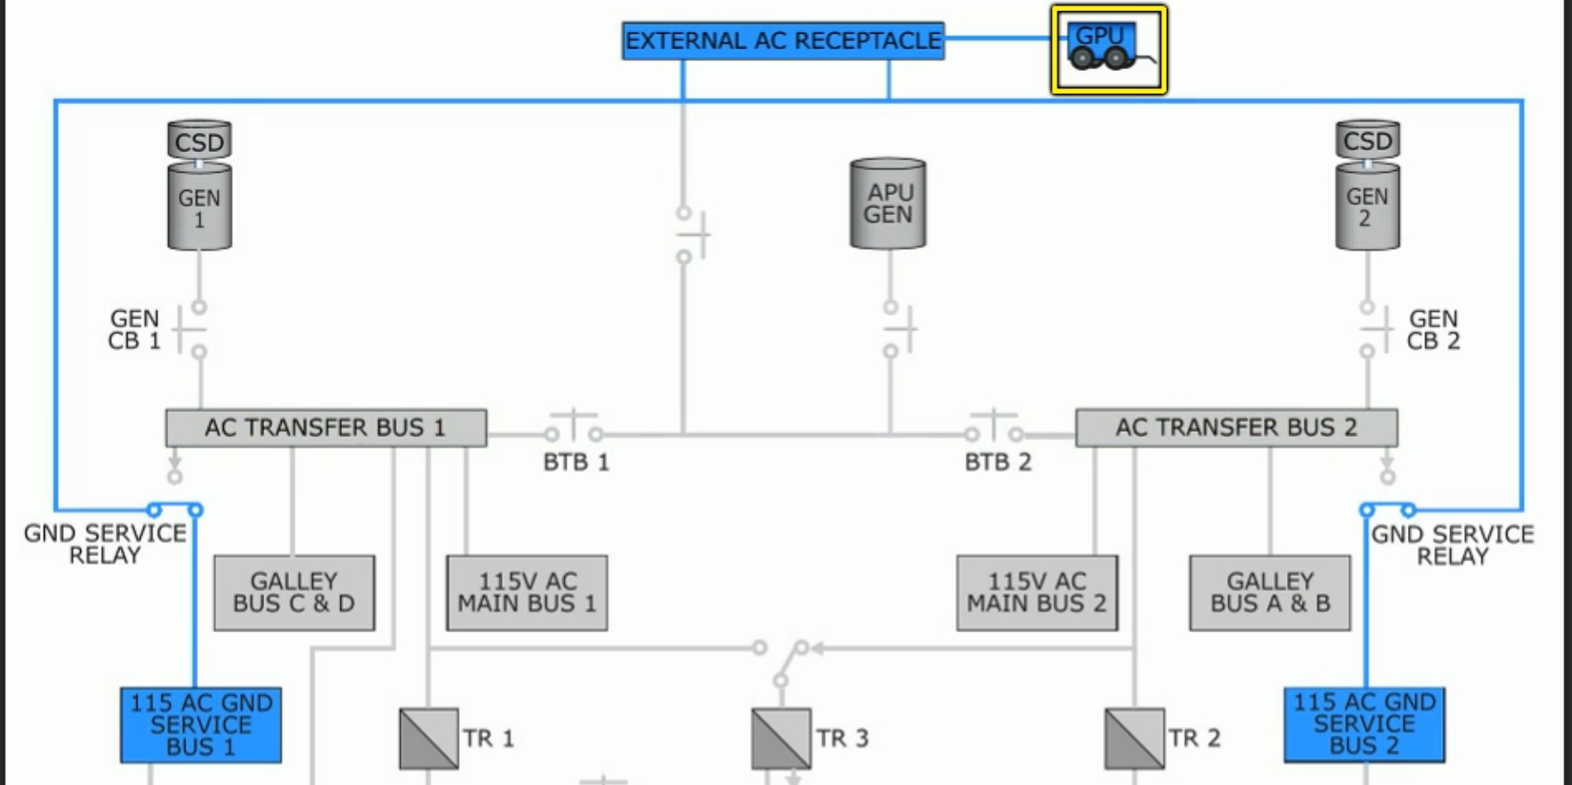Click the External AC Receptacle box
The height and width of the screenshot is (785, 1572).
[x=783, y=41]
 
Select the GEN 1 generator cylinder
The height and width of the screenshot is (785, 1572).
[x=200, y=207]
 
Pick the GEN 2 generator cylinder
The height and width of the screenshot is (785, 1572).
[x=1367, y=207]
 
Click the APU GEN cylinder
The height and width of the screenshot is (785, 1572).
[x=888, y=204]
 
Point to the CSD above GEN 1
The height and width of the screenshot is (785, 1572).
[x=200, y=140]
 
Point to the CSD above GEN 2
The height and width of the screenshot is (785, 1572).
[x=1367, y=139]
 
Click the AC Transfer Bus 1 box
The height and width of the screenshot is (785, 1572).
[x=326, y=427]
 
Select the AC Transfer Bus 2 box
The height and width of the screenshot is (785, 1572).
[x=1236, y=427]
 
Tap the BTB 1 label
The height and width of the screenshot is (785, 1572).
[x=576, y=463]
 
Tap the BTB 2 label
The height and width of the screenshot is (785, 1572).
[x=998, y=463]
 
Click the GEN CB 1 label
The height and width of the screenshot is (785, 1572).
[x=135, y=330]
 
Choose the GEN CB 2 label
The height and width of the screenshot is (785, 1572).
[x=1433, y=330]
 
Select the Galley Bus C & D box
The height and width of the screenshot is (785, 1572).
[x=295, y=592]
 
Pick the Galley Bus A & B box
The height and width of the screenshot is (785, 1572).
[x=1270, y=592]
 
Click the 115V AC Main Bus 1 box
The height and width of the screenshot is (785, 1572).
[x=527, y=592]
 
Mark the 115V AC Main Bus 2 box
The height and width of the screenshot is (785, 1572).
[x=1036, y=592]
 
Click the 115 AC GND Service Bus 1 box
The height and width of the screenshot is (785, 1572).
[x=200, y=725]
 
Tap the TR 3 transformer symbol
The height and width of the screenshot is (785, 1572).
[x=781, y=738]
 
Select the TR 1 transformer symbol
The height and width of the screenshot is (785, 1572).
[x=428, y=738]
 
